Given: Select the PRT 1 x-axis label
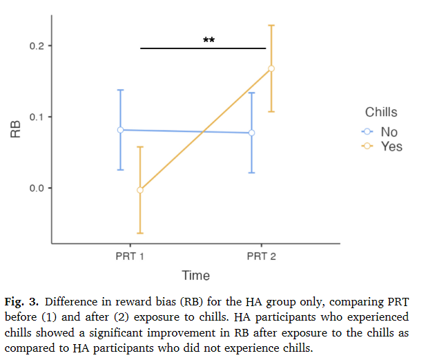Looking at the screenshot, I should [130, 257].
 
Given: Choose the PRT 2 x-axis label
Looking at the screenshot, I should [262, 257].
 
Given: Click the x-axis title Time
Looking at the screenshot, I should [195, 276].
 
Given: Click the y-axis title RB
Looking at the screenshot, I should [15, 130].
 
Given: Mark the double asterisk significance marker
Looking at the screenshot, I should [208, 41].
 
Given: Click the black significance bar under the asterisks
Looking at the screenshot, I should [203, 48].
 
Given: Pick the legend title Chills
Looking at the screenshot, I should [381, 113].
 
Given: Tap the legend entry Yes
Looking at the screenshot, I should [391, 146].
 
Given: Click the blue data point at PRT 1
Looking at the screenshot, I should [120, 130].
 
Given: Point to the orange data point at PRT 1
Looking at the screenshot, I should [140, 190].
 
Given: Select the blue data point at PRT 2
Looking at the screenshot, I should [251, 133].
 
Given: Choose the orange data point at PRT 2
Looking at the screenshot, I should [271, 68].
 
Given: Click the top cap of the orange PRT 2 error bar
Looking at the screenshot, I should [271, 26].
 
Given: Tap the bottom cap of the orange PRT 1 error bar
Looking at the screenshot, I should [140, 233].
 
